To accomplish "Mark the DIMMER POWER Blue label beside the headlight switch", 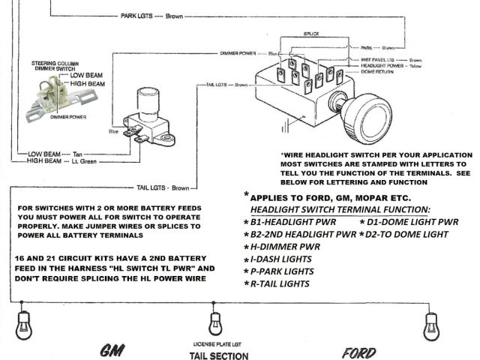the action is click(250, 54).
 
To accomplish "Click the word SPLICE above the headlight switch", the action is click(311, 34).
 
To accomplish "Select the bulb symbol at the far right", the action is click(430, 323).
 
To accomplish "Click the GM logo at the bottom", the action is click(113, 351).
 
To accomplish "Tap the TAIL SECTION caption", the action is click(218, 355).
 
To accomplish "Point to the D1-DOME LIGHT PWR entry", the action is click(408, 222).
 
